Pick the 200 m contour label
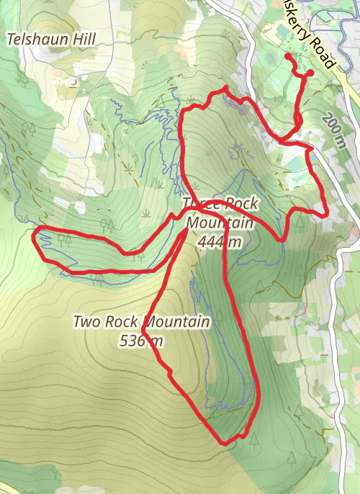[335, 130]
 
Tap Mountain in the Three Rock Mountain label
[220, 223]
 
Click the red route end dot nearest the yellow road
[310, 73]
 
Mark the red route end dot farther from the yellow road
[288, 56]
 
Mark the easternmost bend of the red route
[328, 212]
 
